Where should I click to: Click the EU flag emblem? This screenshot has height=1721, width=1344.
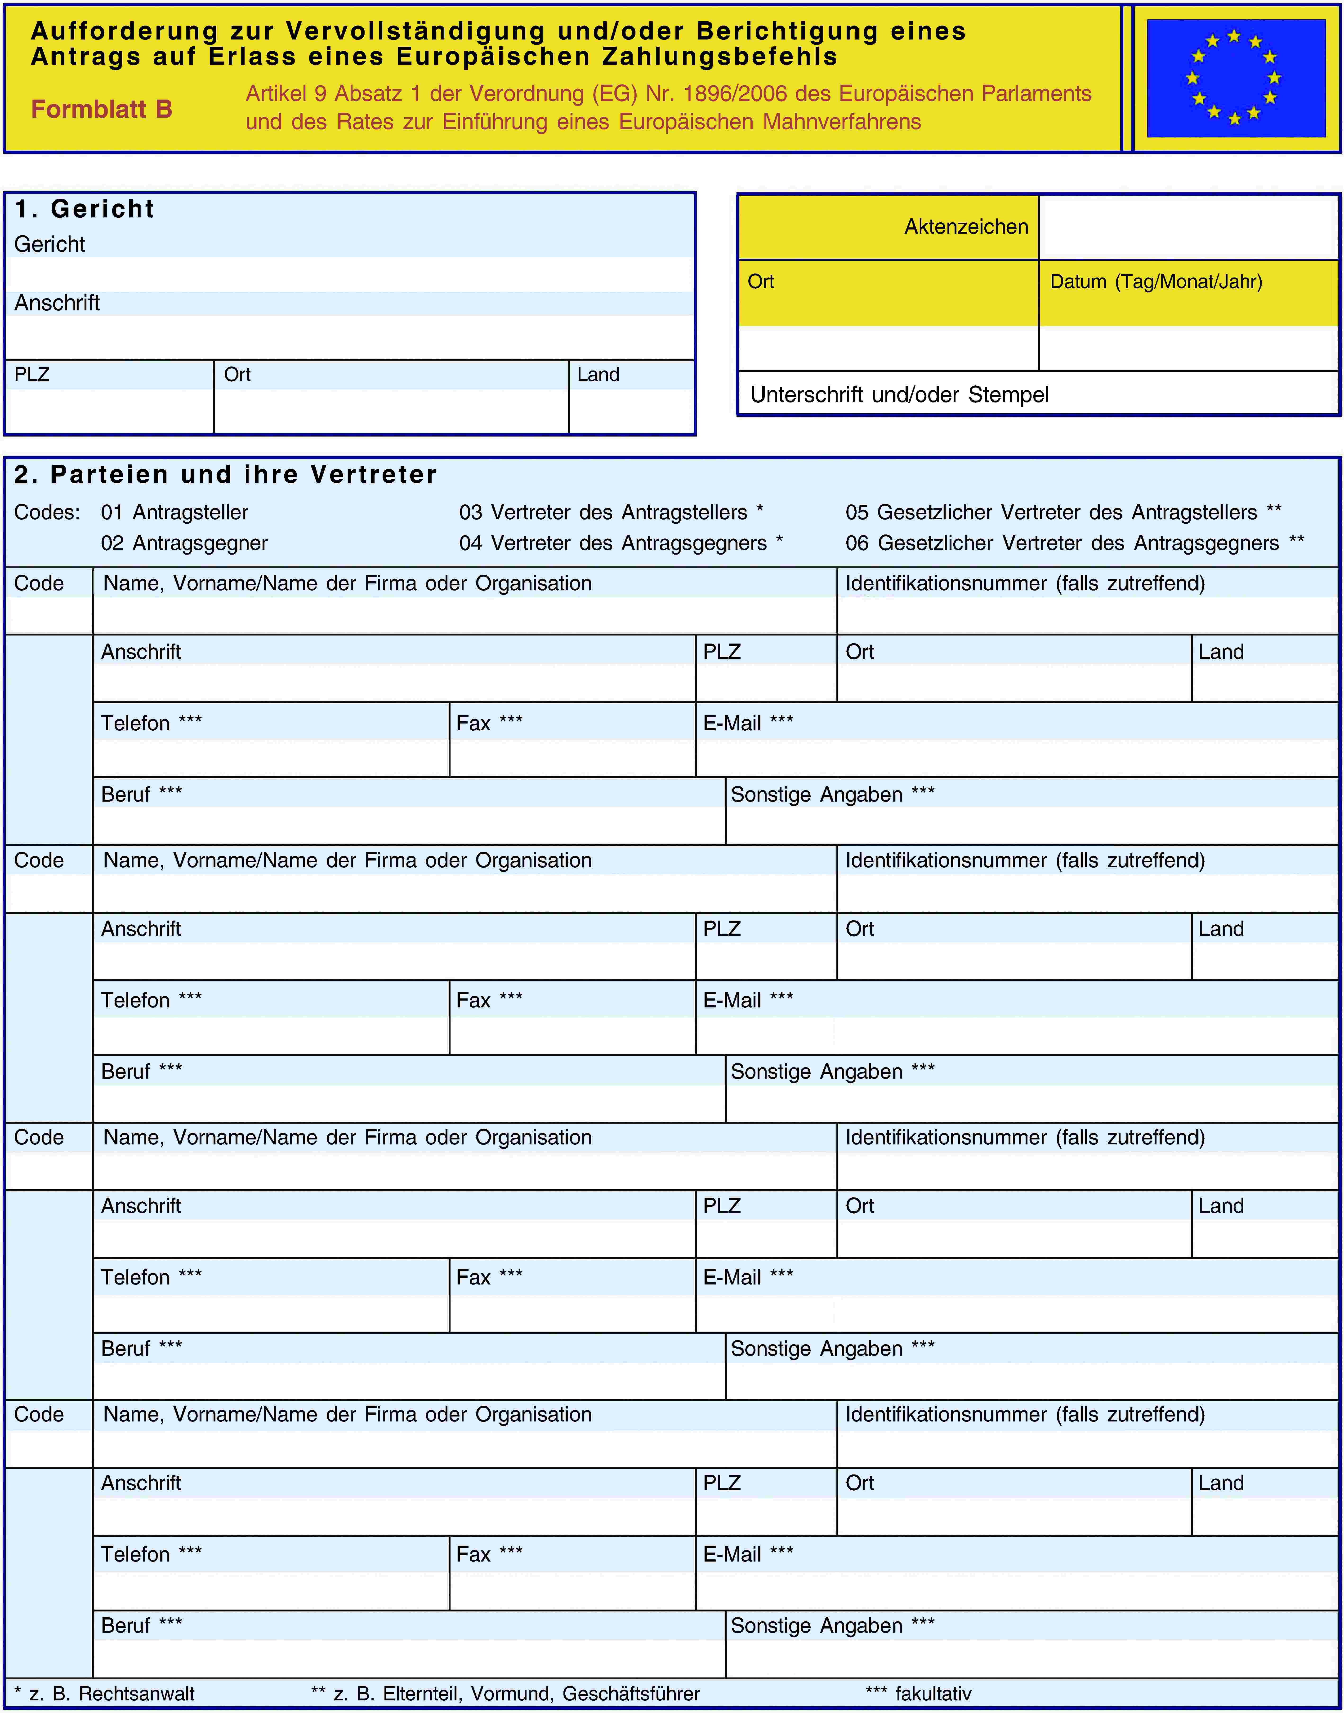coord(1235,78)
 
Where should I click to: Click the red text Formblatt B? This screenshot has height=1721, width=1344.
coord(102,109)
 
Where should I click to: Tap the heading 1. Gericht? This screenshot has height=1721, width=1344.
coord(84,209)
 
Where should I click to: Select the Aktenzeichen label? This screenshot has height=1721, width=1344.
coord(966,227)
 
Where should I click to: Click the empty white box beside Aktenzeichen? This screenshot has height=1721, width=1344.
coord(1188,227)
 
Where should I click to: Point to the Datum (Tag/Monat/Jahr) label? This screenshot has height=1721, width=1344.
coord(1156,281)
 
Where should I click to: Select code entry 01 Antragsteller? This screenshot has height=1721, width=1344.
coord(174,512)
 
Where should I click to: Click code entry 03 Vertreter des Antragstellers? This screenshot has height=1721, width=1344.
coord(611,512)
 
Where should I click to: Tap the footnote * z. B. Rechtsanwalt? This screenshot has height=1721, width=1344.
coord(105,1693)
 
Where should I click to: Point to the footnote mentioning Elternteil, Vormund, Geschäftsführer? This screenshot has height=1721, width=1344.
coord(505,1693)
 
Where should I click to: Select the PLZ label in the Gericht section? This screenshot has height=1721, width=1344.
coord(32,374)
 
